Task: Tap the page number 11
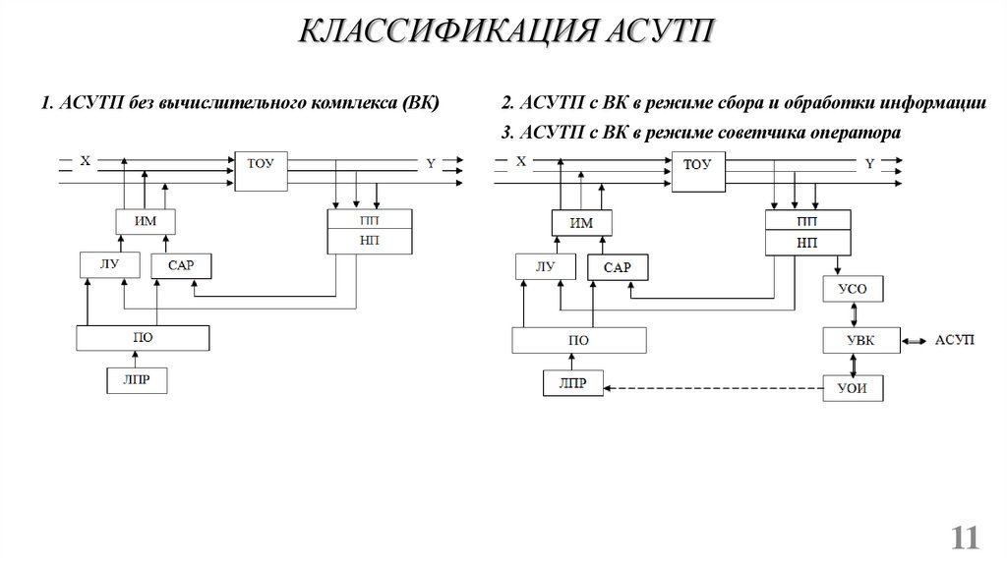966,537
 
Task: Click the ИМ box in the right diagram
582,223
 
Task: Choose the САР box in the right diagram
617,266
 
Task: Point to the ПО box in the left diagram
144,337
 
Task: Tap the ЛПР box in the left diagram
137,379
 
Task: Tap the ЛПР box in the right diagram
574,383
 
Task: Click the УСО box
853,290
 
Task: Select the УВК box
853,340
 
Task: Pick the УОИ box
853,388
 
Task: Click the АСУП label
954,339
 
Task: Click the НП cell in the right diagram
806,242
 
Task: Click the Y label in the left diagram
430,163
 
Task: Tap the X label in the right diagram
520,162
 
